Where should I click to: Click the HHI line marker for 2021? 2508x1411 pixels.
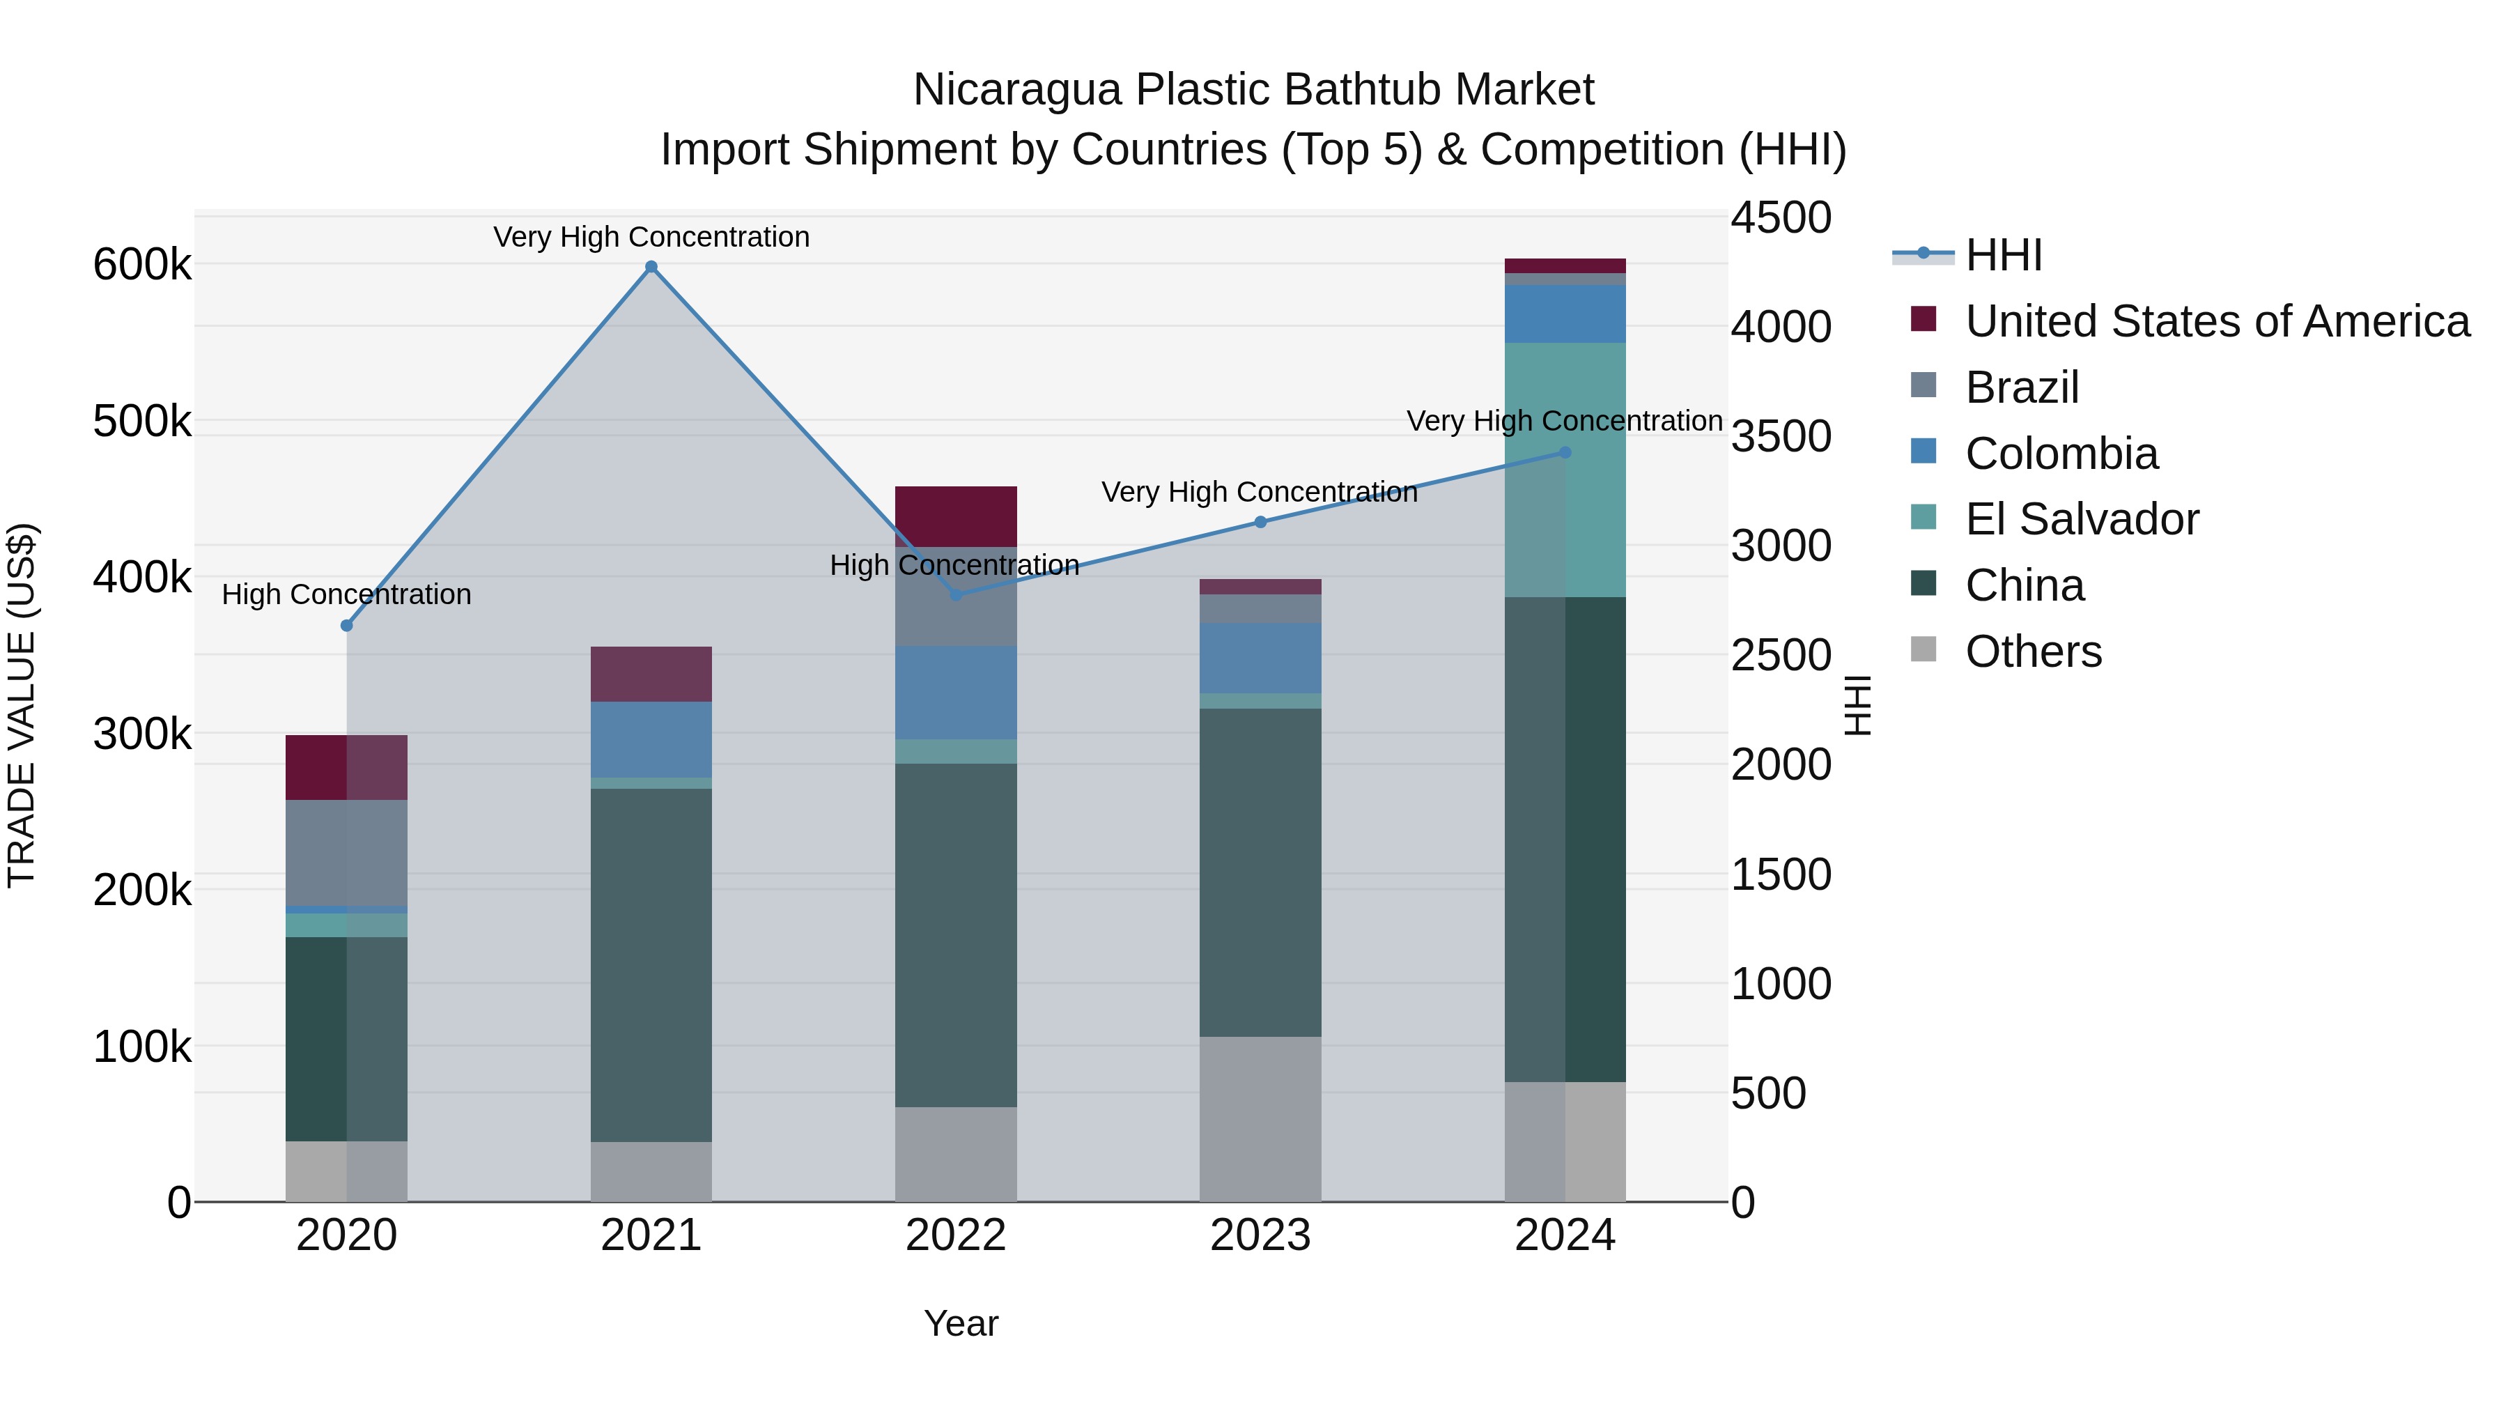tap(651, 267)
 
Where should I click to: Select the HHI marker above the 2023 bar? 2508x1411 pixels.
tap(1260, 522)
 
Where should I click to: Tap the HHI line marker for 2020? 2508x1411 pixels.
tap(347, 625)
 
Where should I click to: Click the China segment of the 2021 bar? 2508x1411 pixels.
tap(651, 964)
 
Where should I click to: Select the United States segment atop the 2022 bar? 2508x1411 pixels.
tap(955, 516)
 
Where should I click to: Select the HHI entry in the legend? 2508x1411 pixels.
tap(2003, 255)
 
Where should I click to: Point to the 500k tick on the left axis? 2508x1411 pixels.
tap(142, 422)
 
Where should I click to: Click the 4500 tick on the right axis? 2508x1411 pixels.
tap(1781, 217)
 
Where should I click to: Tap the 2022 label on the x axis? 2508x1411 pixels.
tap(955, 1235)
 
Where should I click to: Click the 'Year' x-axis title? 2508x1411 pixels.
tap(960, 1323)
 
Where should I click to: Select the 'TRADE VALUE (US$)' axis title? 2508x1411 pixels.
tap(22, 705)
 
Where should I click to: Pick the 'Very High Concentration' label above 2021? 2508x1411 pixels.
tap(651, 237)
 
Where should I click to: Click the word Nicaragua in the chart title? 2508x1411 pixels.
tap(1016, 90)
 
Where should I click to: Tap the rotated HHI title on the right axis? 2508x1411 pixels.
tap(1857, 705)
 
